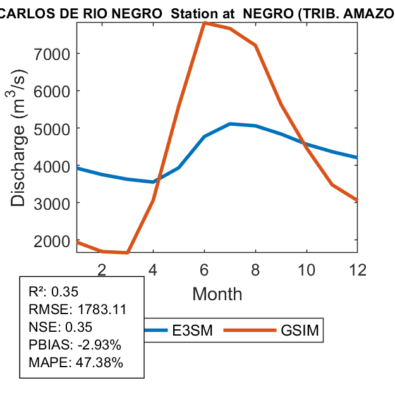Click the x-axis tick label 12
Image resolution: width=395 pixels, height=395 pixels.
(358, 269)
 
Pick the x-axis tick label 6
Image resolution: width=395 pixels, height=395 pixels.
(204, 269)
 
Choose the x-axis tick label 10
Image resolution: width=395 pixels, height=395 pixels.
(307, 269)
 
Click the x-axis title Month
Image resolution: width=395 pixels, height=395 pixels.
(217, 293)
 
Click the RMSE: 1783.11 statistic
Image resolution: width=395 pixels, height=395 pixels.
(78, 310)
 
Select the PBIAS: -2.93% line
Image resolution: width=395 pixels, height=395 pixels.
(75, 345)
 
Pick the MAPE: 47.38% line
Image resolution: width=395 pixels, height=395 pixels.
(76, 363)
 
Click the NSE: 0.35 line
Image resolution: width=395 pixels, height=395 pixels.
(61, 327)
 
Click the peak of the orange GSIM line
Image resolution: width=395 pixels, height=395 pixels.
(205, 23)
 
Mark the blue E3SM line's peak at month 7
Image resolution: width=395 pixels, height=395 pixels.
(230, 124)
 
